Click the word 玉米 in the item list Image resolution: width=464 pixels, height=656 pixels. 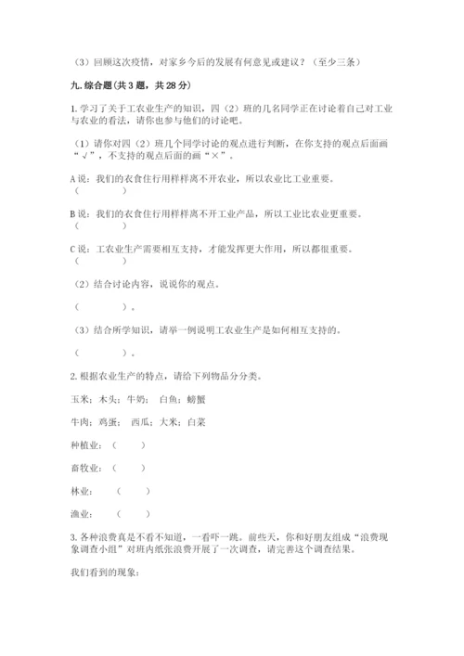[78, 400]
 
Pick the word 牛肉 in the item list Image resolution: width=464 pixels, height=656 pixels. [78, 422]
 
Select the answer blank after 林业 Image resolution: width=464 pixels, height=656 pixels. [134, 491]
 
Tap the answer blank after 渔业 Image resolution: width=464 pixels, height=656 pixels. [134, 513]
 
